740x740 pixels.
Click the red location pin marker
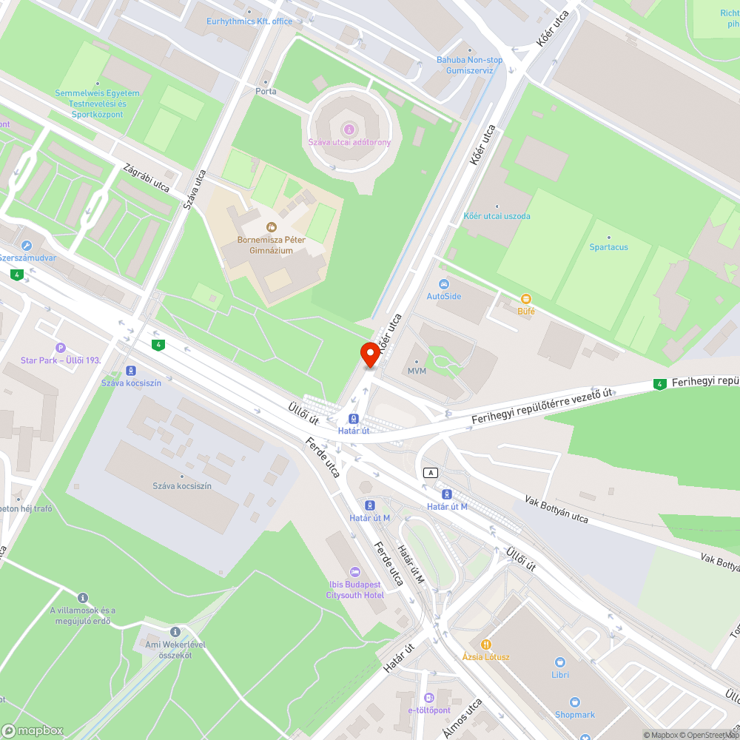pyautogui.click(x=370, y=354)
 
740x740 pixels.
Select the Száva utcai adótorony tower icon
pyautogui.click(x=350, y=129)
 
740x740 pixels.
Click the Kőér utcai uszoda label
pyautogui.click(x=497, y=216)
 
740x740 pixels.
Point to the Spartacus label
pyautogui.click(x=608, y=246)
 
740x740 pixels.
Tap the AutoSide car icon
pyautogui.click(x=443, y=284)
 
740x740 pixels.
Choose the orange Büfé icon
pyautogui.click(x=526, y=299)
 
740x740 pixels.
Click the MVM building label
pyautogui.click(x=417, y=371)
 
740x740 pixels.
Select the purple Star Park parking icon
pyautogui.click(x=61, y=348)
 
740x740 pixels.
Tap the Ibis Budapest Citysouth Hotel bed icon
pyautogui.click(x=355, y=572)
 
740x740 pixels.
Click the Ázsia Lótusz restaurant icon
pyautogui.click(x=486, y=644)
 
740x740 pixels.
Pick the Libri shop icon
pyautogui.click(x=560, y=662)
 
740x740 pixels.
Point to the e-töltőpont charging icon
pyautogui.click(x=429, y=698)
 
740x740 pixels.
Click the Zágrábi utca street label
pyautogui.click(x=147, y=177)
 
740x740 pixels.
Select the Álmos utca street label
pyautogui.click(x=463, y=718)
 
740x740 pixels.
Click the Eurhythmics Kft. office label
pyautogui.click(x=239, y=21)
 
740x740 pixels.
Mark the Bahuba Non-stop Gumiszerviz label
pyautogui.click(x=469, y=64)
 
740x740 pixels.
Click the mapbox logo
pyautogui.click(x=33, y=730)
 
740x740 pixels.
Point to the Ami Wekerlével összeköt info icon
pyautogui.click(x=175, y=632)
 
